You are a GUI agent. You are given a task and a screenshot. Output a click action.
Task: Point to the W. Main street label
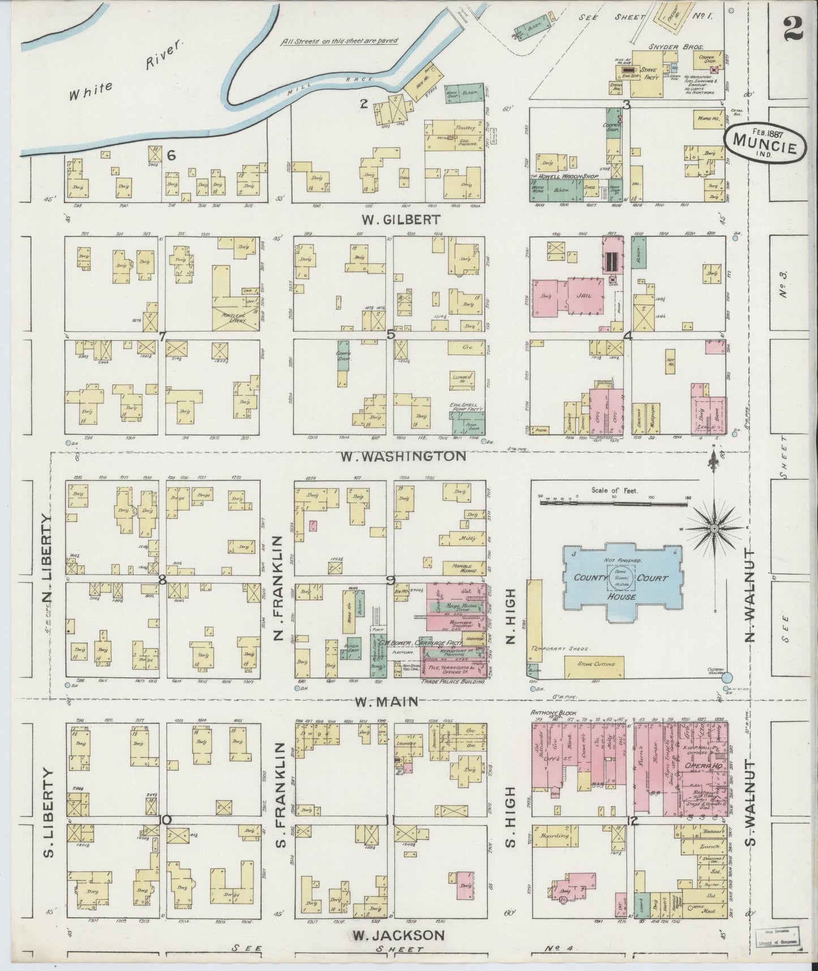[387, 701]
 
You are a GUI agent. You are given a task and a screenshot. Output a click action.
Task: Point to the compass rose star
[714, 528]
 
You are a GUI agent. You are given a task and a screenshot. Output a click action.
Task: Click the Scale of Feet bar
[614, 502]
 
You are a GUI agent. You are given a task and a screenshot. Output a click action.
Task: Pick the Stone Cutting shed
[593, 667]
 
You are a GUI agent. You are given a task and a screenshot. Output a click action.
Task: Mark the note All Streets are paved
[340, 41]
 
